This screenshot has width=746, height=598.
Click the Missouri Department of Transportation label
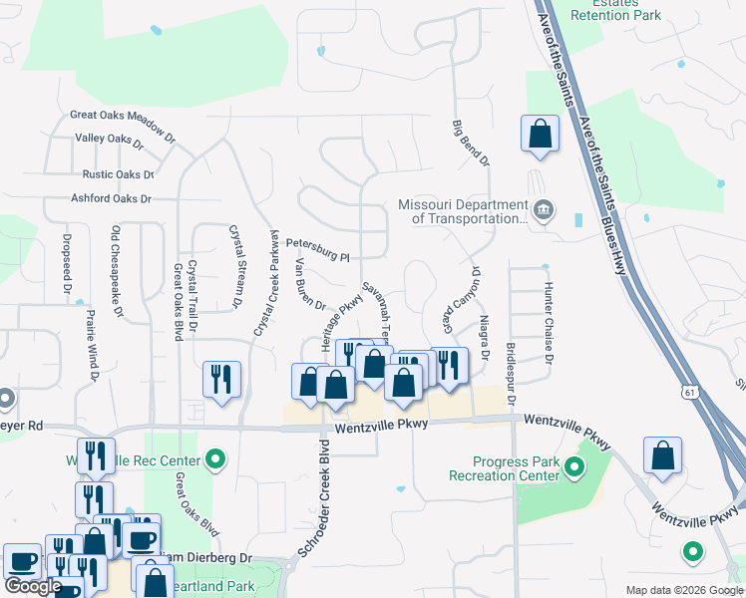coord(463,211)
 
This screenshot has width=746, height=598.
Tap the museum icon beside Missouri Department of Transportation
coord(544,210)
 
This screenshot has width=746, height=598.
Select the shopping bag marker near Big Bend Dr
coord(540,134)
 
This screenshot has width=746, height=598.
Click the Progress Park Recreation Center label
coord(518,468)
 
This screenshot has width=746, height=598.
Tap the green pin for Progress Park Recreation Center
coord(573,466)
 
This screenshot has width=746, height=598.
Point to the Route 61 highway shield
coord(691,394)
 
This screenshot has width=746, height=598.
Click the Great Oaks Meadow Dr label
coord(123,115)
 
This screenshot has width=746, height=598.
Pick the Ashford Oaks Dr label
coord(111,198)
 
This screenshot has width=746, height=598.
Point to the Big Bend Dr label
coord(471,143)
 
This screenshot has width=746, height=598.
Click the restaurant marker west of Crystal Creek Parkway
coord(221,380)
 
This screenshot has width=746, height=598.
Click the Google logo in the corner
coord(33,586)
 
